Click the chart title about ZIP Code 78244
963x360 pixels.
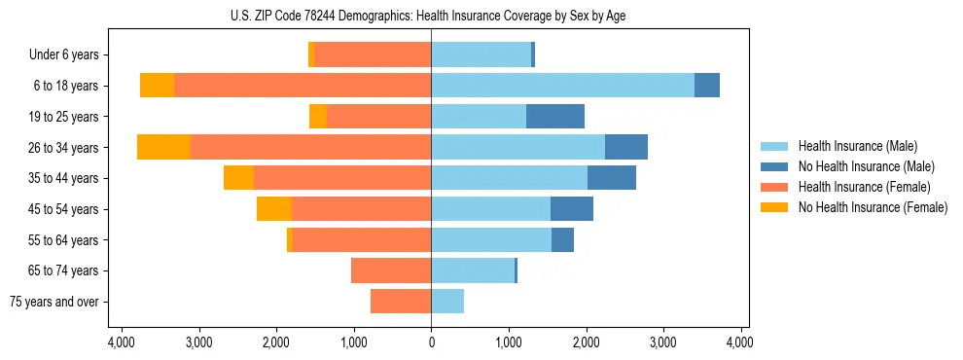[431, 15]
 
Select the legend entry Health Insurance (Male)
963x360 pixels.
[857, 146]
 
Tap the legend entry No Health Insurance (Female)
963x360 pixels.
[873, 207]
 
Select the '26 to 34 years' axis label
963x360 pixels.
[64, 148]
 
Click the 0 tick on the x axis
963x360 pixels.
[431, 342]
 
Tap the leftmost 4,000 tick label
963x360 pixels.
[121, 342]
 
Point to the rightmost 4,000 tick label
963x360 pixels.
[740, 342]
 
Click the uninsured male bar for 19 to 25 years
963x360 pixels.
[555, 117]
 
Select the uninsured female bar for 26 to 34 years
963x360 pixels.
[163, 147]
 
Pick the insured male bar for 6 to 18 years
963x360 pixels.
[562, 86]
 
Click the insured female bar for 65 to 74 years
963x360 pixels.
[391, 270]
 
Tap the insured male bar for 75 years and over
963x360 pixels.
[447, 302]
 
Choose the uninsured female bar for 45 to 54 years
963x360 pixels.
[274, 209]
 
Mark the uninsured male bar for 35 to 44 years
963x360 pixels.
[612, 178]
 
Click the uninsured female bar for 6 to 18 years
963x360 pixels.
[157, 86]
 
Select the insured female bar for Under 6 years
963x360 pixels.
[373, 55]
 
